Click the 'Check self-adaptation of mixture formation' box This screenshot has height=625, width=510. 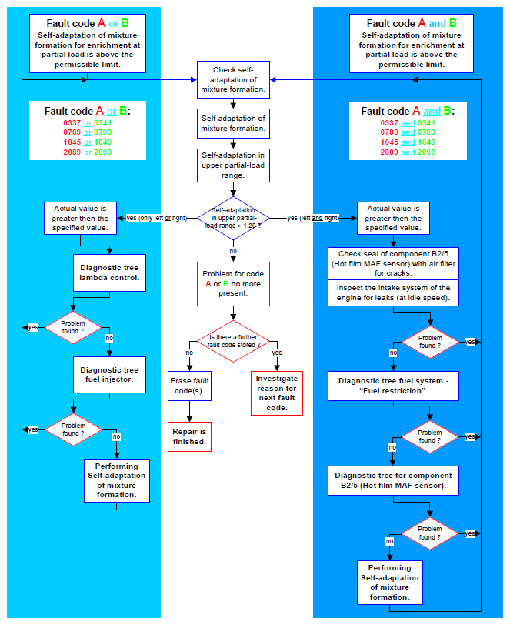233,79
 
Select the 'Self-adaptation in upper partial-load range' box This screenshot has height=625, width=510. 233,165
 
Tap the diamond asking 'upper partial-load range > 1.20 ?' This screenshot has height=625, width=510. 233,218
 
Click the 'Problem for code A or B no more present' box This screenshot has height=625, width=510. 233,283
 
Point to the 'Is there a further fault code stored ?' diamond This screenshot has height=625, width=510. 233,341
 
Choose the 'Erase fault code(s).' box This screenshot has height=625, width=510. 189,386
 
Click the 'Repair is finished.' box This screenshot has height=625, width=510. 189,436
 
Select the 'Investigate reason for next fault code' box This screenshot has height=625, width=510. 276,393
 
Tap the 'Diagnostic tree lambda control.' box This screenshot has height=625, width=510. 109,272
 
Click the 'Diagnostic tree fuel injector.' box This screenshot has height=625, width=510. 109,375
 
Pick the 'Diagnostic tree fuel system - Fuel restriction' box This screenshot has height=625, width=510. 393,386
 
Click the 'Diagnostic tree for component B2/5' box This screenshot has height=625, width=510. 393,480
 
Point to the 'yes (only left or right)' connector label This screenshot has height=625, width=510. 157,218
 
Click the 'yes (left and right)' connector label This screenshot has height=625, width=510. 313,218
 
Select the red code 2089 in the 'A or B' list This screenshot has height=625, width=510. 72,152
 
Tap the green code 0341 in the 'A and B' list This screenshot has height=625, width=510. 426,123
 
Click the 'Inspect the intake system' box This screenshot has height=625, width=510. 393,293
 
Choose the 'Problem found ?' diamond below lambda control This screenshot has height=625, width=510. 73,327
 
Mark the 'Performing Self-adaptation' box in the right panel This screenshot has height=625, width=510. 390,583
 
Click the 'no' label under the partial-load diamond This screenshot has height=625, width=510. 233,251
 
